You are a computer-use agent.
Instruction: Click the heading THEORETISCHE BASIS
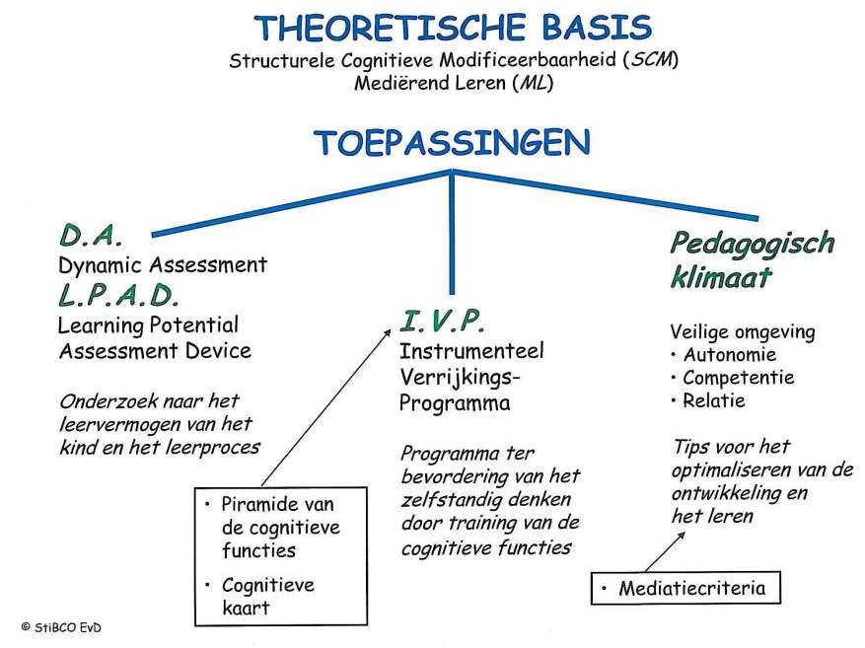pos(453,28)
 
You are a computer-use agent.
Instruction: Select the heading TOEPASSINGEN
pos(453,143)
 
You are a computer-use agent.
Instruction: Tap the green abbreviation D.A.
pos(91,236)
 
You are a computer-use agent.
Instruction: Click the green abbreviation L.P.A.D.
pos(119,295)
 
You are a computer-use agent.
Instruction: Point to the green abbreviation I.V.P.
pos(444,320)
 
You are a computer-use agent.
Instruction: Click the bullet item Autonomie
pos(729,355)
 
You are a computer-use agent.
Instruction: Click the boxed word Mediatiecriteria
pos(691,589)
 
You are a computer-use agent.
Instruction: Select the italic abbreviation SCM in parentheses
pos(650,59)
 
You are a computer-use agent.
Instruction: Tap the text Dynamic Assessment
pos(163,265)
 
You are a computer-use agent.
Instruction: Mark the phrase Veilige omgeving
pos(743,331)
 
